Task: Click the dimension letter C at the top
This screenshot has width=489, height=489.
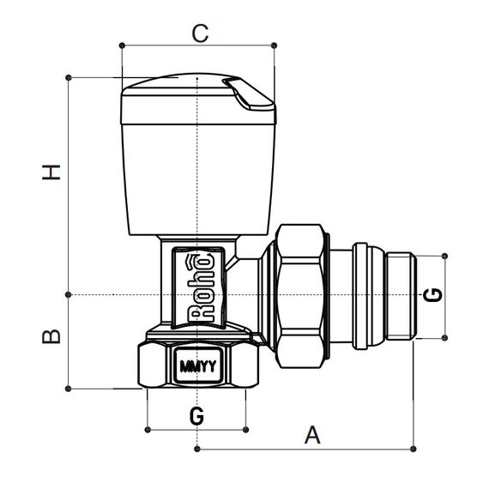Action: coord(199,33)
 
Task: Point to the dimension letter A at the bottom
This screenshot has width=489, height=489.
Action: coord(313,435)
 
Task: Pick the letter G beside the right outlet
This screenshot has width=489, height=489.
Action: coord(435,294)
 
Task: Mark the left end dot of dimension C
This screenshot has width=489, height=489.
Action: coord(123,45)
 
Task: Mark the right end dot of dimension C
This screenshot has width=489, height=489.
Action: coord(275,45)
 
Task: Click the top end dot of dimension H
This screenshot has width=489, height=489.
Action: coord(68,77)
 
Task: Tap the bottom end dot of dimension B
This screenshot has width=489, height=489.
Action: coord(68,389)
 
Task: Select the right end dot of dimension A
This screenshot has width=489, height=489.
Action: coord(414,448)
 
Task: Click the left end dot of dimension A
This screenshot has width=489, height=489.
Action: coord(197,448)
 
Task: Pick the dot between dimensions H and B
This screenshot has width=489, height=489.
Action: coord(68,294)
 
